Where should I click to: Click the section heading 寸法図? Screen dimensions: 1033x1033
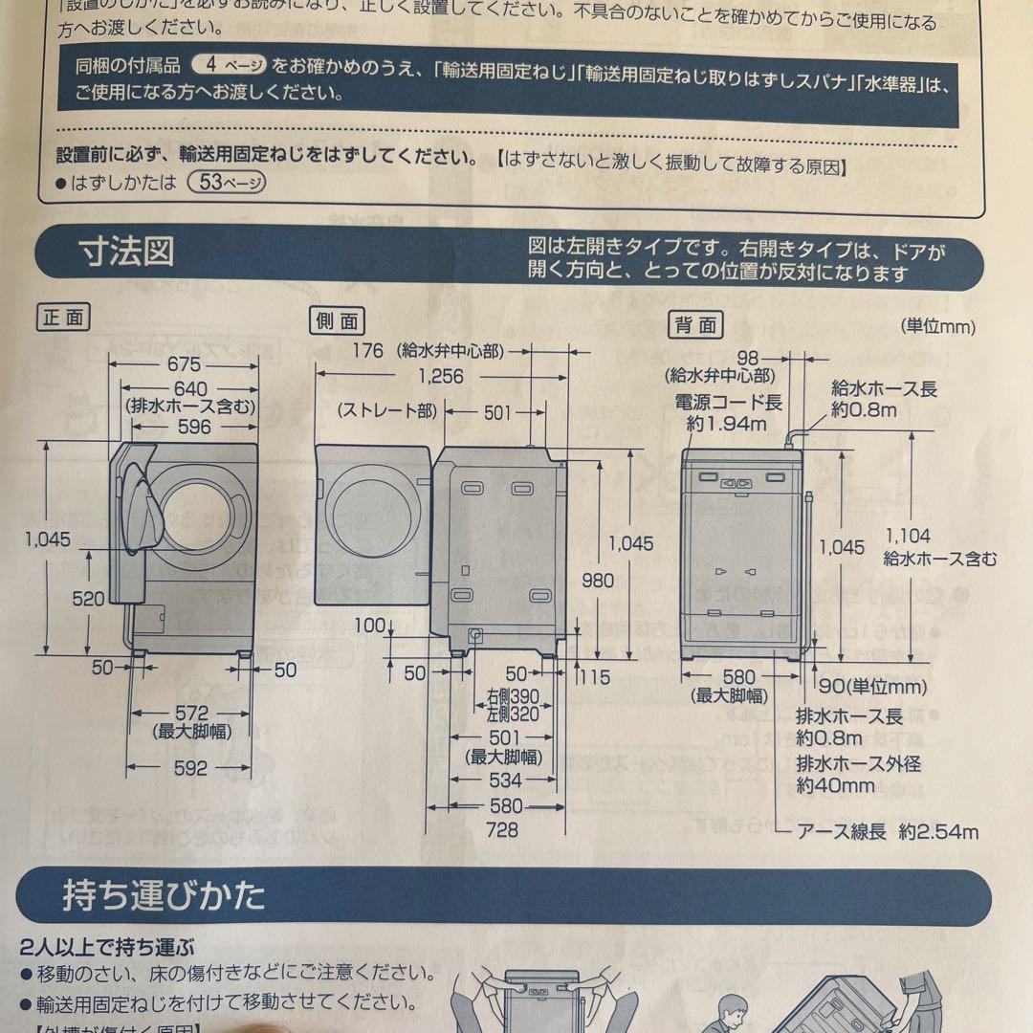[x=126, y=253]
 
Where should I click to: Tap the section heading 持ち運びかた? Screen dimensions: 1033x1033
[x=164, y=896]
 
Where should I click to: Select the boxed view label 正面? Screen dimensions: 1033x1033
[x=63, y=318]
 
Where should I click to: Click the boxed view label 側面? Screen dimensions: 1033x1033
[x=338, y=320]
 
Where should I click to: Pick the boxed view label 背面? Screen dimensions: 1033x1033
[x=694, y=325]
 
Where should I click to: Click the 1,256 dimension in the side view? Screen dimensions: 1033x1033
[x=439, y=377]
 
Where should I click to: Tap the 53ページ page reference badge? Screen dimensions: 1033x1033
[x=227, y=182]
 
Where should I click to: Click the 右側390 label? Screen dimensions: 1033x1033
[x=512, y=696]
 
